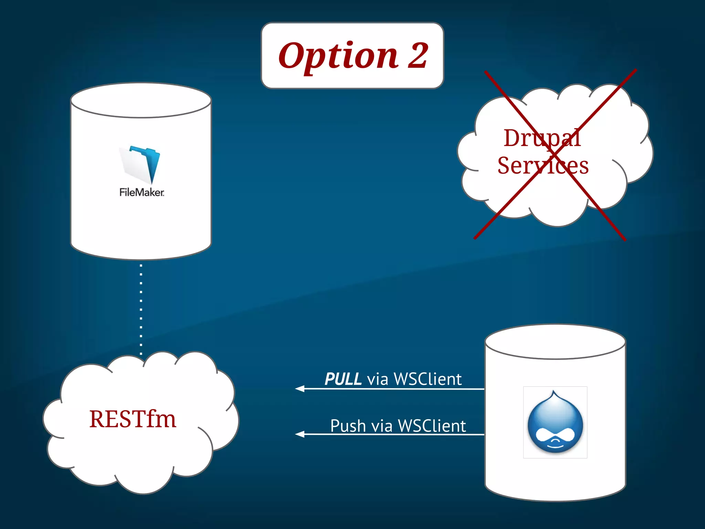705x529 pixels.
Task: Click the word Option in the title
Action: point(338,56)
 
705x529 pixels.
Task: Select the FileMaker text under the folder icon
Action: point(141,192)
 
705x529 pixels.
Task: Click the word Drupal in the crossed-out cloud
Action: point(542,138)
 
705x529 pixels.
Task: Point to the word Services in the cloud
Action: point(543,166)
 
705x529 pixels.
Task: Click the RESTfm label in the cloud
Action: point(133,419)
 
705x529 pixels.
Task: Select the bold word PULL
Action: point(343,379)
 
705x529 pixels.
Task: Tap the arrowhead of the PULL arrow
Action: point(299,389)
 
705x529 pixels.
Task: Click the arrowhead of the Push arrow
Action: point(299,434)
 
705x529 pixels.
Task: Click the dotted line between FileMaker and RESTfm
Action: point(141,310)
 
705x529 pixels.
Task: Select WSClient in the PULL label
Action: point(427,379)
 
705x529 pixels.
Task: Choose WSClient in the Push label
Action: point(432,426)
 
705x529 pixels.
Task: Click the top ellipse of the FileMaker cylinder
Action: point(141,100)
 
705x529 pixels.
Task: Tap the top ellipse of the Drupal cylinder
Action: point(555,342)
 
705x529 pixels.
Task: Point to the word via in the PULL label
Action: point(378,379)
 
